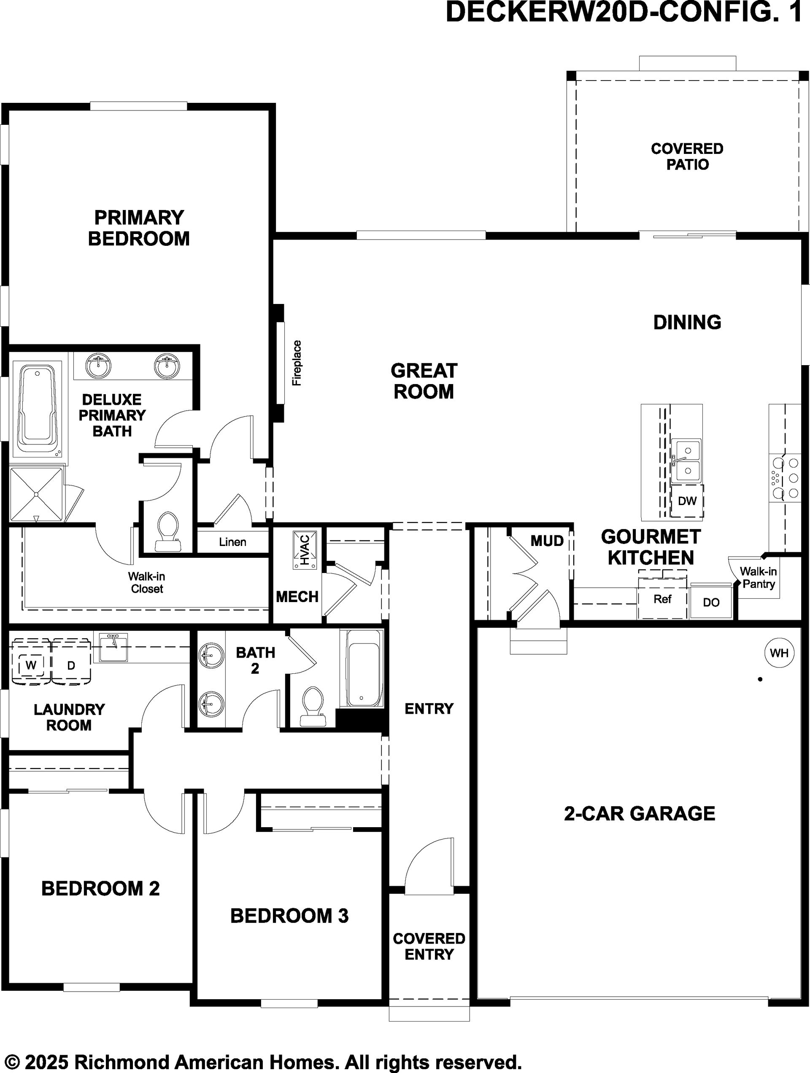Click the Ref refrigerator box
(662, 599)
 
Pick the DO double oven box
(711, 602)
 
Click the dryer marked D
(71, 665)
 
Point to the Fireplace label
(297, 363)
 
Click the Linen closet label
(232, 542)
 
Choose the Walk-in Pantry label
(758, 578)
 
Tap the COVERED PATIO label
(687, 156)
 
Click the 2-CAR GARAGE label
(640, 813)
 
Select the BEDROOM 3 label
(289, 915)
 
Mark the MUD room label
(547, 541)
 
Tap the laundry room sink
(113, 647)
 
